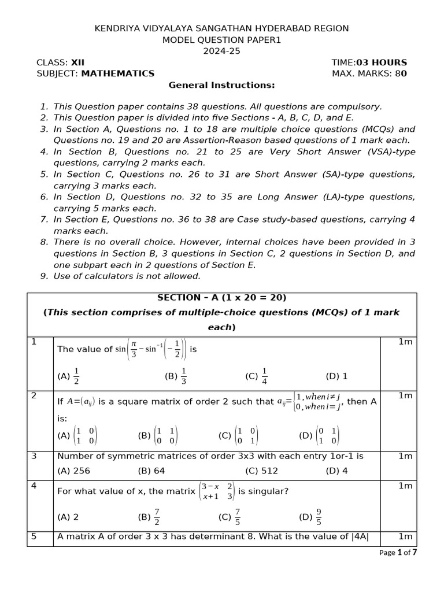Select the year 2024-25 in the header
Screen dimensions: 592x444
(221, 51)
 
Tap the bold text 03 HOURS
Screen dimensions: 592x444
(382, 62)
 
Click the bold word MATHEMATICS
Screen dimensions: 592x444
(118, 73)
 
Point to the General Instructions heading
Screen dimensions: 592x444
(221, 85)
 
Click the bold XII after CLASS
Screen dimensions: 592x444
(77, 62)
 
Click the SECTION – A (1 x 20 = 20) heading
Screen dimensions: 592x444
(221, 298)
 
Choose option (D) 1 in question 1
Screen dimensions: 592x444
(336, 376)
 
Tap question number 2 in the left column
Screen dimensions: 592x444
(34, 396)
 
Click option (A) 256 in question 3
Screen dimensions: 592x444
(74, 471)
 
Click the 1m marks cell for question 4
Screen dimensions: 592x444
(405, 486)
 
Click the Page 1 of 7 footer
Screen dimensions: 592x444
(398, 553)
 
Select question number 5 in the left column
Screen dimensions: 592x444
(34, 536)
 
